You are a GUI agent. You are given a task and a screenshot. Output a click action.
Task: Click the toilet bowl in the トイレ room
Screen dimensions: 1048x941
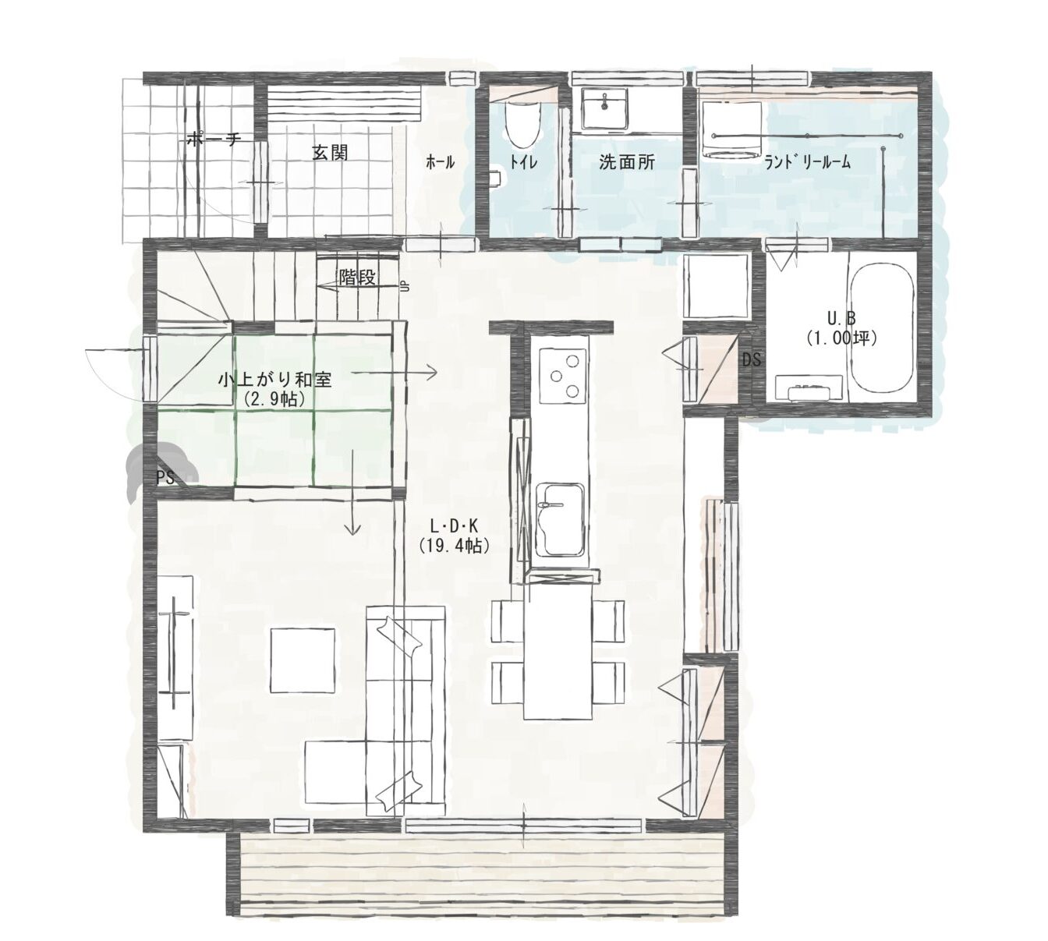tap(522, 123)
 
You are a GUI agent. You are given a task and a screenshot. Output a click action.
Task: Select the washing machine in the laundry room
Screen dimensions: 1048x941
tap(731, 130)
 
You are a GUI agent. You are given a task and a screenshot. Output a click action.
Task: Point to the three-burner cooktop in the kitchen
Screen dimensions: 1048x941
tap(563, 376)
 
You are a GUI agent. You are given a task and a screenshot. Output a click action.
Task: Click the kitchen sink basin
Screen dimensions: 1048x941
tap(560, 519)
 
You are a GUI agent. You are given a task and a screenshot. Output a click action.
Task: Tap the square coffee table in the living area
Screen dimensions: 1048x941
tap(303, 660)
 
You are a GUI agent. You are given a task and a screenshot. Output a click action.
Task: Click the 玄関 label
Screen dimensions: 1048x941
tap(330, 153)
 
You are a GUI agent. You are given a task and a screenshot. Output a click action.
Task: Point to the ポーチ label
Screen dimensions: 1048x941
tap(214, 138)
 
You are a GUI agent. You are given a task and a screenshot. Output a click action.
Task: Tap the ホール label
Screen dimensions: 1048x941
tap(440, 162)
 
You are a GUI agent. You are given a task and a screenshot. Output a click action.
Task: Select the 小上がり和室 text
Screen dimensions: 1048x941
tap(274, 380)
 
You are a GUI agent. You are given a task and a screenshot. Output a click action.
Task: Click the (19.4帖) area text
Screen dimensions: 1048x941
tap(454, 545)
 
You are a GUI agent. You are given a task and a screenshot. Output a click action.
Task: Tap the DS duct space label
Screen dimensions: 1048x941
tap(752, 359)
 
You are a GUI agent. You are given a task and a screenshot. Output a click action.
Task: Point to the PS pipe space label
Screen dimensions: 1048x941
tap(165, 477)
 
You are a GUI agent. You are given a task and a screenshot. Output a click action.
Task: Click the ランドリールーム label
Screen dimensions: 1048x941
tap(808, 162)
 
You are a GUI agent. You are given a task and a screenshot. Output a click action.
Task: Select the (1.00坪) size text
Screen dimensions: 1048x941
tap(841, 338)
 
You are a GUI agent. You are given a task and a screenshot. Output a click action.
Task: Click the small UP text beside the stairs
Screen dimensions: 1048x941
tap(405, 287)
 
